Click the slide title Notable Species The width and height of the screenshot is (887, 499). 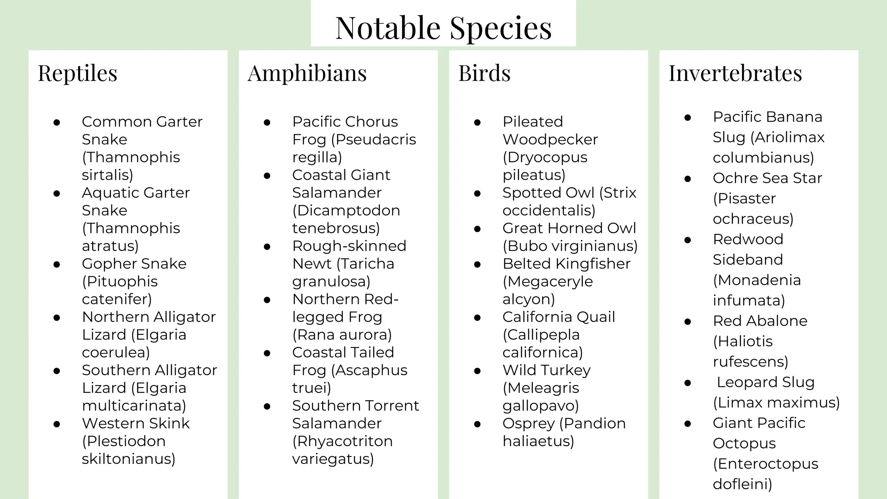pos(443,28)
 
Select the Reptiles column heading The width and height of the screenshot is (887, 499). pos(78,73)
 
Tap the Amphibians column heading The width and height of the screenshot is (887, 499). pos(307,73)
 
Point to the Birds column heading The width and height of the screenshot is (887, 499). pos(484,73)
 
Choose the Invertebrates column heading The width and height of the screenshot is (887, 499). pos(735,73)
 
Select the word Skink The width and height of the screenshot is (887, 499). pos(168,423)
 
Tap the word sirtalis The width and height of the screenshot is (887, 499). pos(107,175)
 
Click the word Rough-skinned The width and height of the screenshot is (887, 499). pos(349,246)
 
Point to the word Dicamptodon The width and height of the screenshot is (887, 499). pos(346,211)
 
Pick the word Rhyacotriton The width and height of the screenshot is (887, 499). pos(342,441)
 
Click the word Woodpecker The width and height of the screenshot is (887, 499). pos(550,139)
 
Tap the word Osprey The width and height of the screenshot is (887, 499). pos(528,424)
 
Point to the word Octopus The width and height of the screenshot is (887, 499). pos(744,444)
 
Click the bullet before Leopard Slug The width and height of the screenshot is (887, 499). pos(687,383)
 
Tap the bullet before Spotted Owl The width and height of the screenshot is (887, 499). pos(477,193)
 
